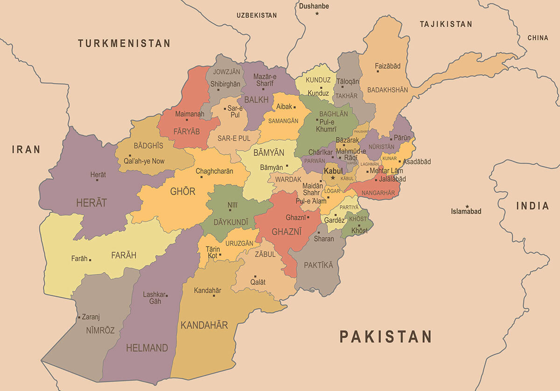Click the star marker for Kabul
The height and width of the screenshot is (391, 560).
click(x=333, y=178)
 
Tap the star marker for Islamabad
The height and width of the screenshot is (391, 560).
click(x=467, y=206)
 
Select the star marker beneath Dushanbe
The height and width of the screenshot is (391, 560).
click(x=317, y=14)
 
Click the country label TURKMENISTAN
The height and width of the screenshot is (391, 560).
click(x=124, y=43)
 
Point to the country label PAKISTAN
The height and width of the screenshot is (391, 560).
click(x=385, y=336)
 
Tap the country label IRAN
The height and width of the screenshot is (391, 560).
click(x=26, y=149)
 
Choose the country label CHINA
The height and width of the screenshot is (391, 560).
click(x=538, y=38)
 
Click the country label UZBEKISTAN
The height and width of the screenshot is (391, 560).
click(x=257, y=15)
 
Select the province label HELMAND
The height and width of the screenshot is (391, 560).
click(x=147, y=348)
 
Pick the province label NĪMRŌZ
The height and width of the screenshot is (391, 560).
click(x=100, y=330)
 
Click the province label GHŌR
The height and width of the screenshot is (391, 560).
click(x=182, y=191)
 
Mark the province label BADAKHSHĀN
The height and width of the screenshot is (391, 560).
click(x=387, y=90)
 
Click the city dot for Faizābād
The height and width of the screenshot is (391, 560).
click(x=378, y=71)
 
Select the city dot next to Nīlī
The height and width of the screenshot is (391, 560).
click(x=230, y=210)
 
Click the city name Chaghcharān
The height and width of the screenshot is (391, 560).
click(x=214, y=171)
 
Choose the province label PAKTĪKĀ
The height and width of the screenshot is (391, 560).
click(x=319, y=265)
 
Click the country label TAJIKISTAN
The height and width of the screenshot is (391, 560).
click(x=446, y=24)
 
